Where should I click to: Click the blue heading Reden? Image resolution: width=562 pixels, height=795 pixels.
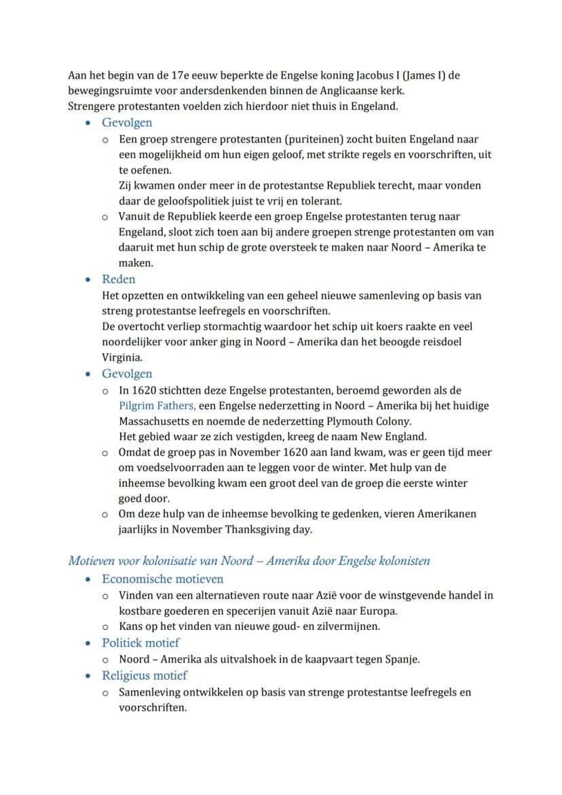tap(118, 279)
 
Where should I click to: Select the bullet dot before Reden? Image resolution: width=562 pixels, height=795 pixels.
tap(88, 280)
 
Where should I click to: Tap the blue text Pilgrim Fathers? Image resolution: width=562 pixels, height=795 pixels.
tap(157, 406)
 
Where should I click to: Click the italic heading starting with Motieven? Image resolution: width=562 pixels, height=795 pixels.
tap(248, 561)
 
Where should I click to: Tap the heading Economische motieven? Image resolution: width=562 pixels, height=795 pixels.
tap(162, 579)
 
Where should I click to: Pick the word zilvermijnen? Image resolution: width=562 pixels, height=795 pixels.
tap(347, 626)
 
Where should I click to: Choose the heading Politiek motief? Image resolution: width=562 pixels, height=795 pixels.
tap(140, 642)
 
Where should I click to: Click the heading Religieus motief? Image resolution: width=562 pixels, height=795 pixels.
tap(144, 676)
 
